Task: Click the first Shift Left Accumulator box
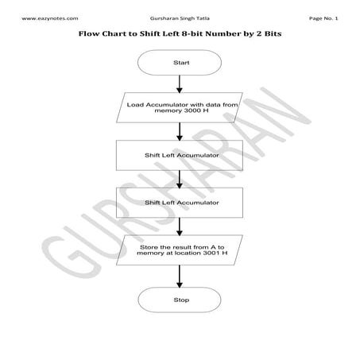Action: (x=179, y=155)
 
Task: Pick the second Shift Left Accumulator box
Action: (x=179, y=203)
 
